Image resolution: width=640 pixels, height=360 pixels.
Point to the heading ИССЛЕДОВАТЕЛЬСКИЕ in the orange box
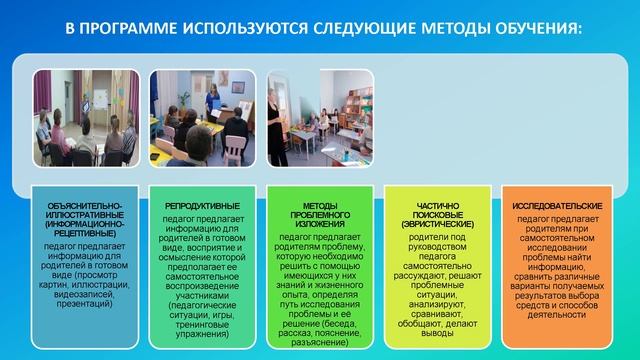[551, 205]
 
